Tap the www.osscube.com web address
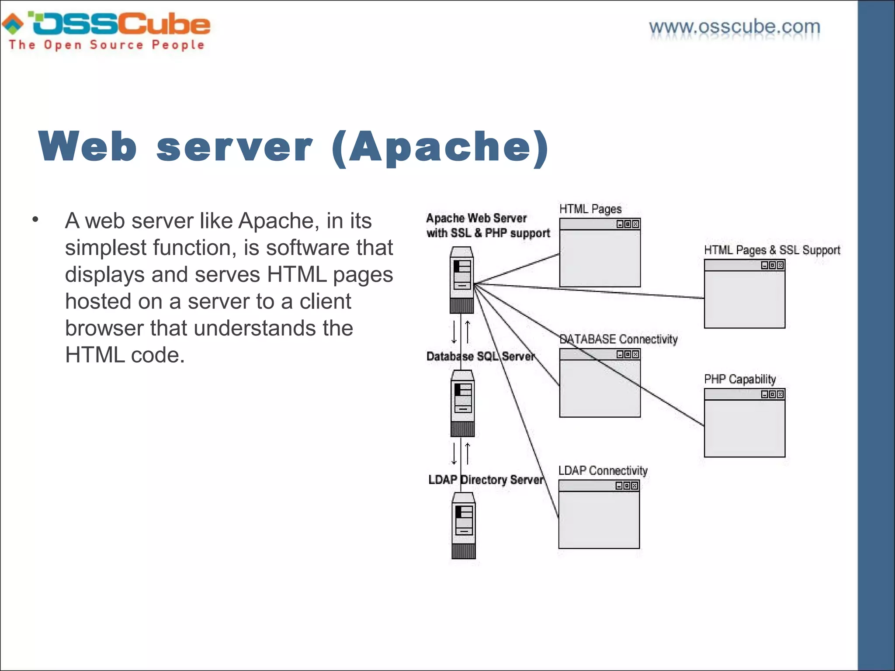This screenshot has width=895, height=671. [735, 27]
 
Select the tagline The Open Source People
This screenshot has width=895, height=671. [107, 45]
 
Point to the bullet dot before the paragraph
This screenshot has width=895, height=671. [35, 219]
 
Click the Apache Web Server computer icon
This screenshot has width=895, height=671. [461, 280]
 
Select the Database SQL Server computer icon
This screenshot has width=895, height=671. [462, 403]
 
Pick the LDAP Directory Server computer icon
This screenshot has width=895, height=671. [463, 526]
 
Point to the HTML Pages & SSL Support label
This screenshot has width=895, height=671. [772, 250]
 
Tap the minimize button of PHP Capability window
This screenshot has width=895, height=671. [765, 394]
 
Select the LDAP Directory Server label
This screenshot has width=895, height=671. [486, 480]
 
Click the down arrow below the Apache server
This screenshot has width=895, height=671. [454, 332]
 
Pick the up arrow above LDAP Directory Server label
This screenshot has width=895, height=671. [468, 453]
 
